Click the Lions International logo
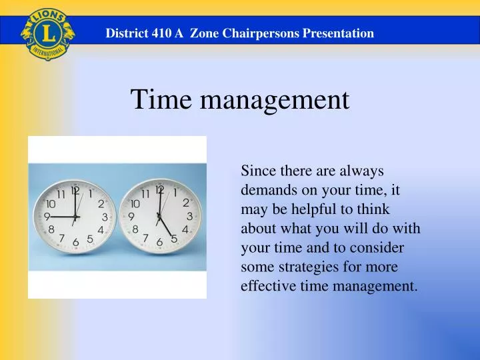pos(46,33)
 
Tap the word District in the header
pos(127,33)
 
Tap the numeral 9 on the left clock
pos(47,217)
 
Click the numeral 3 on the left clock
pos(105,217)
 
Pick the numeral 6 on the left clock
pos(76,241)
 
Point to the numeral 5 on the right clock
pos(174,238)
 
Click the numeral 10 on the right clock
pos(135,203)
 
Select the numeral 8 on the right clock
pos(136,229)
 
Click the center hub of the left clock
pos(75,217)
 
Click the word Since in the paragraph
pos(256,171)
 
